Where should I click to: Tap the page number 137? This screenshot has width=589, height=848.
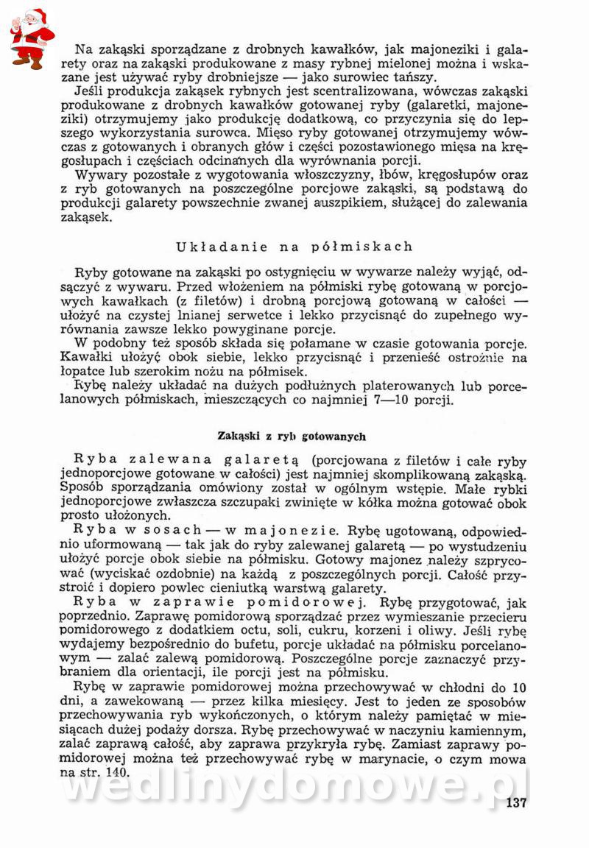[x=516, y=802]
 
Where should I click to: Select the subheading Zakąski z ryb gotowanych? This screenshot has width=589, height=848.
[x=292, y=436]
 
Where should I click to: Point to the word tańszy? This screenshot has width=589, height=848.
[x=412, y=77]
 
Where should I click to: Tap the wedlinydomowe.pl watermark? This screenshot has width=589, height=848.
[x=294, y=788]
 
